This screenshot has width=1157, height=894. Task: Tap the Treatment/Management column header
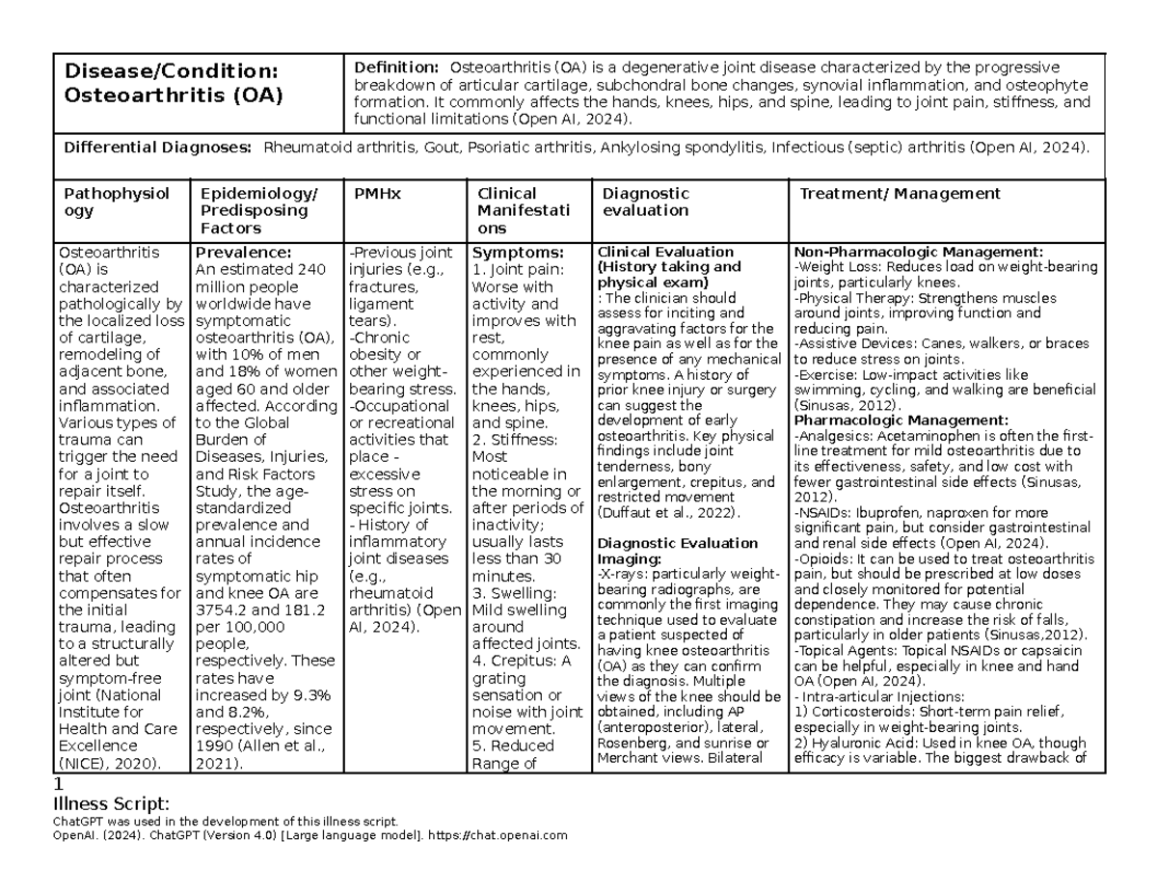tap(900, 194)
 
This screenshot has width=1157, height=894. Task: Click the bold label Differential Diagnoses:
tap(158, 148)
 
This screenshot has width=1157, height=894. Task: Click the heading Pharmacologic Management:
tap(901, 420)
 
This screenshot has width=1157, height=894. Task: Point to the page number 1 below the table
tap(60, 785)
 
